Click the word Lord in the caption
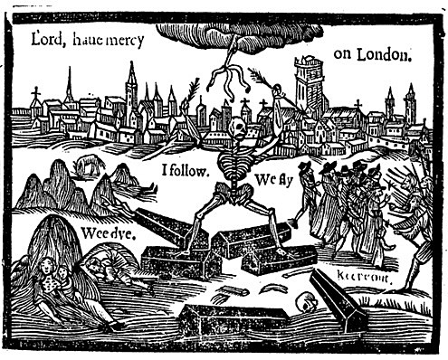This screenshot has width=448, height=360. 46,39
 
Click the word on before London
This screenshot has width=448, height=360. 344,54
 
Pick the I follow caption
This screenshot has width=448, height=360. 186,168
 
